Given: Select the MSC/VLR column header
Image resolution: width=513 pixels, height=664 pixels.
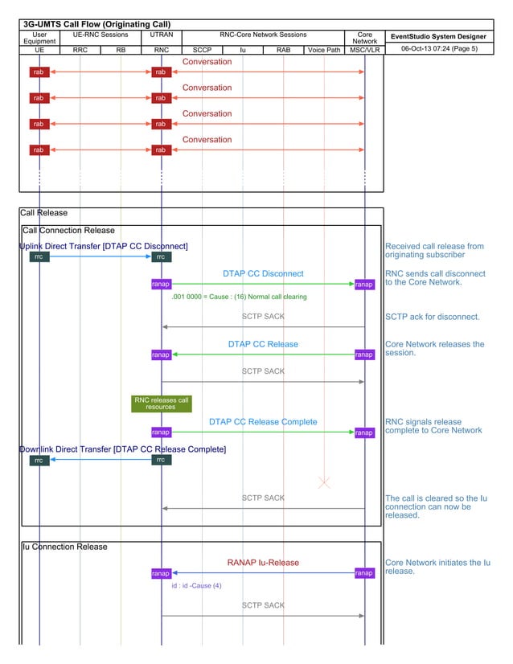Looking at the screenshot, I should tap(364, 50).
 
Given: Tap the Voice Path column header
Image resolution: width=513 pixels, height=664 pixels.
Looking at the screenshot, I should tap(323, 50).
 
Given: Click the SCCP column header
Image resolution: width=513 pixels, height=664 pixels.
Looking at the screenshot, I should tap(202, 50).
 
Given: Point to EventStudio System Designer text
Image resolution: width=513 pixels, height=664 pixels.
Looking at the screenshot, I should tap(437, 36).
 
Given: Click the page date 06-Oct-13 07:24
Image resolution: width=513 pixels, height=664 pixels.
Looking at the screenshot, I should tap(439, 49).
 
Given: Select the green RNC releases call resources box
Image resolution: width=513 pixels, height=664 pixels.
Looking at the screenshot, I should tap(162, 403).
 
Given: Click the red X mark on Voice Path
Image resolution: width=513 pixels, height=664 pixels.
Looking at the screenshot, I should tap(324, 482).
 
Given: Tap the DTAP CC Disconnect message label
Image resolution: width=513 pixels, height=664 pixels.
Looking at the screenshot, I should tap(263, 273).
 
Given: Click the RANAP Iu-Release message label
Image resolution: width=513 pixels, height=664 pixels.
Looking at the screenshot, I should tap(263, 563).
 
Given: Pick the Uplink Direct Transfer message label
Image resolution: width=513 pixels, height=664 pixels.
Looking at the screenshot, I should tap(104, 246).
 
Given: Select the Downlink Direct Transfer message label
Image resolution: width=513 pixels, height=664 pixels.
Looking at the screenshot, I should tap(122, 449).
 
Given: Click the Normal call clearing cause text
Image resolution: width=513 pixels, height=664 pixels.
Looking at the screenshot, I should tap(240, 297).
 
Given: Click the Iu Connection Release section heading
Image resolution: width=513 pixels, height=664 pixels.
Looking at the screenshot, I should tap(64, 547).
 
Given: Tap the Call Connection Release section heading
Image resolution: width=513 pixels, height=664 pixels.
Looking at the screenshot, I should tap(68, 231).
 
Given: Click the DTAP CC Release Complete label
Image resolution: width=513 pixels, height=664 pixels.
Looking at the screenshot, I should tap(263, 421).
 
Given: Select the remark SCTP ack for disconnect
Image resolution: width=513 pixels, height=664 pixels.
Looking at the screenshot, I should tap(432, 317).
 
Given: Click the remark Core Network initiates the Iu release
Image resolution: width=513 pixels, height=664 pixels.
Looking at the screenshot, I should tap(437, 567).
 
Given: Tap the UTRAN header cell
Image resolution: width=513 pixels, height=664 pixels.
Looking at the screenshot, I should tap(162, 35).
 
